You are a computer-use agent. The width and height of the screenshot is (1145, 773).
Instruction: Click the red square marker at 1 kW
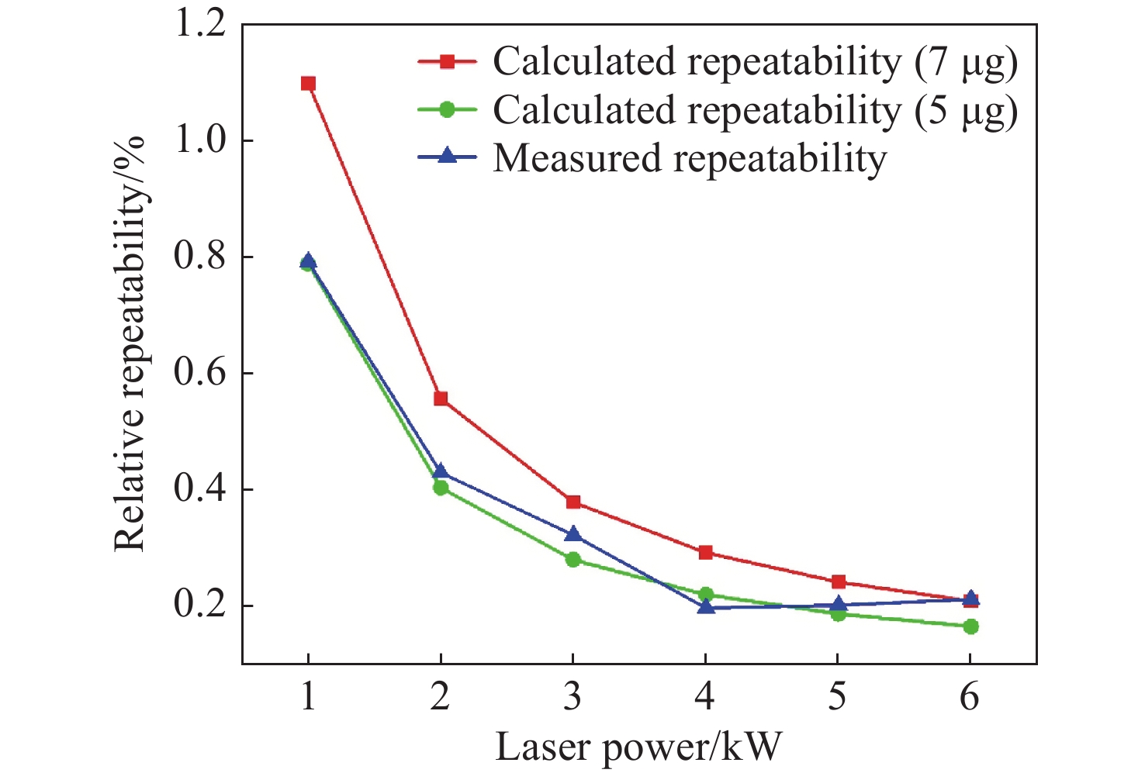coord(308,84)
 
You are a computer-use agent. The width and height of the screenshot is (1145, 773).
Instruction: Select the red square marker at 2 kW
coord(441,399)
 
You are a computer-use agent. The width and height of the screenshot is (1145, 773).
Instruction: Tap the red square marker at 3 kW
coord(573,502)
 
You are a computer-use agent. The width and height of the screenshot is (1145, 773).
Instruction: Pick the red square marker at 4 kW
coord(705,552)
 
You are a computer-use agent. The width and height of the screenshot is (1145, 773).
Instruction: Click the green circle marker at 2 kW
coord(441,488)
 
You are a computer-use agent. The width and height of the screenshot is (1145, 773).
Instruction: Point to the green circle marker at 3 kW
coord(573,559)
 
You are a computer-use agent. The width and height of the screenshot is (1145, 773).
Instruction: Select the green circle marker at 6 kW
coord(970,626)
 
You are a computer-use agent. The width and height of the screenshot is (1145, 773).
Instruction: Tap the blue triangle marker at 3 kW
coord(573,534)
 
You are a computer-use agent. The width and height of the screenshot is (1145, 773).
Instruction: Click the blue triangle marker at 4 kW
coord(705,606)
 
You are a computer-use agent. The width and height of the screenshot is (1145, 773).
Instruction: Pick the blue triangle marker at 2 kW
coord(441,471)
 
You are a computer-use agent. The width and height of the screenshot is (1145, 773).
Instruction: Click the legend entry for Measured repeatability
coord(690,158)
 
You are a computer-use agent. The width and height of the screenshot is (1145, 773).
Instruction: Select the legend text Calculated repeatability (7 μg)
coord(755,62)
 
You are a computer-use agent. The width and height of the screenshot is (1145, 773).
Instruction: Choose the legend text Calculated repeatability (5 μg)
coord(755,110)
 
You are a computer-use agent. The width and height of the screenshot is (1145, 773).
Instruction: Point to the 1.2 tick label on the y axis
coord(200,23)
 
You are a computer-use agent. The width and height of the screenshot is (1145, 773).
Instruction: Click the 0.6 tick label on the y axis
coord(200,373)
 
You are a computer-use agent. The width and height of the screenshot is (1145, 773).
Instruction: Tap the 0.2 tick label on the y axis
coord(200,606)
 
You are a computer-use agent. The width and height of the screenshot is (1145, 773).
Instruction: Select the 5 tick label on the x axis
coord(837,697)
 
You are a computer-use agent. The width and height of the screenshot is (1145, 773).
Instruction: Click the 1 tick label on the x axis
coord(308,697)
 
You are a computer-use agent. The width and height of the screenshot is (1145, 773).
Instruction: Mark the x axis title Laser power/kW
coord(638,747)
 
